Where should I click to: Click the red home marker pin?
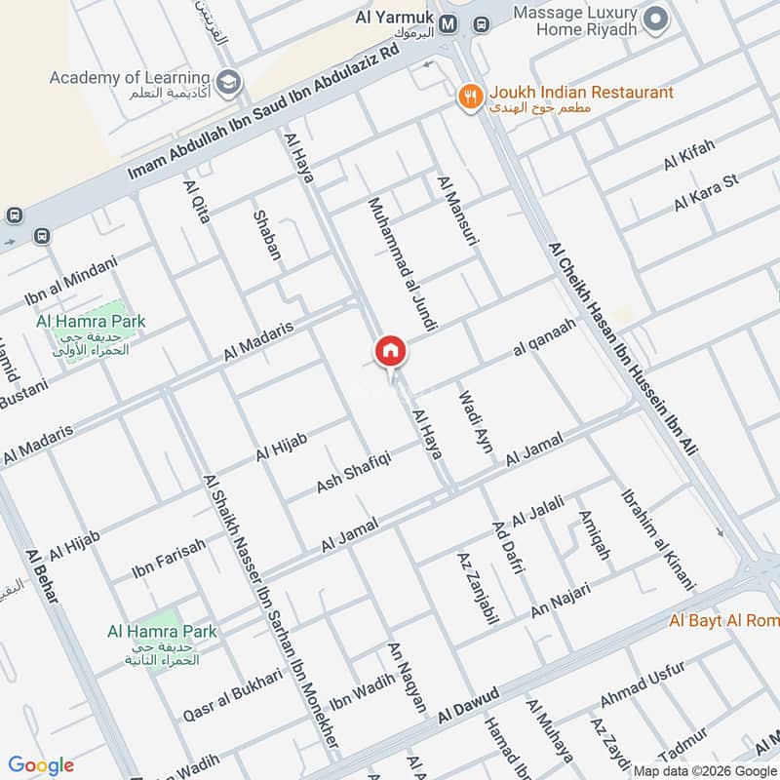click(390, 351)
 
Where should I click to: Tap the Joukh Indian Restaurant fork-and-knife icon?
click(471, 95)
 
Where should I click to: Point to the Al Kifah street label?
click(689, 155)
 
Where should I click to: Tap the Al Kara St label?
click(707, 193)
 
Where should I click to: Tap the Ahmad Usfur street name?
click(643, 687)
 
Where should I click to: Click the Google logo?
click(41, 765)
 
